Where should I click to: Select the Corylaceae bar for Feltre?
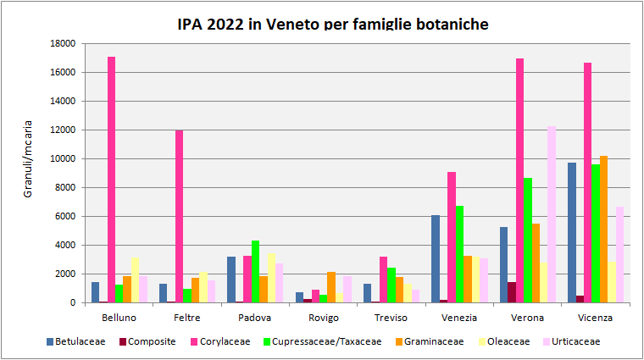[x=180, y=216]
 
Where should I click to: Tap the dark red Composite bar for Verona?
[x=512, y=292]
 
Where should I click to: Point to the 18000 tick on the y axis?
[x=64, y=43]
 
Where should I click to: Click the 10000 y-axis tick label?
[x=64, y=158]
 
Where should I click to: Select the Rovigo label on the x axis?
[x=323, y=318]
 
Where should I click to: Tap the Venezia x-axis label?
[x=458, y=318]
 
